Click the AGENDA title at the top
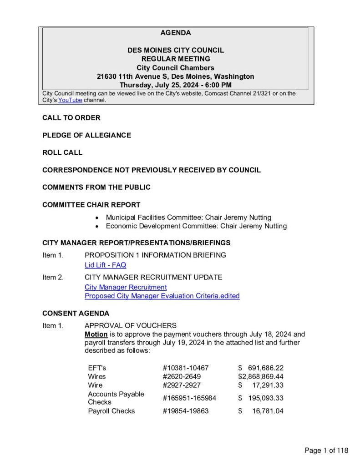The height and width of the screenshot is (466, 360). [175, 33]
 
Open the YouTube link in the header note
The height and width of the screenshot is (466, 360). [70, 100]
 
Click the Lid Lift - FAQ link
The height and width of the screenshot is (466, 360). [105, 265]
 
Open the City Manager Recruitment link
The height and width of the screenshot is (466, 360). [126, 287]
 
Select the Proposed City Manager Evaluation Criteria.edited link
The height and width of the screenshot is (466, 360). [162, 296]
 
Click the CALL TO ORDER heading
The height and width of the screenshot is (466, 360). [71, 118]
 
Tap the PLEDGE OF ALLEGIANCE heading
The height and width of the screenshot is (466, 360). [86, 135]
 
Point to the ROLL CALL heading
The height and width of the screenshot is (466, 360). [62, 152]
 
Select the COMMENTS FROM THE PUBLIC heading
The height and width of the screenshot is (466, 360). [96, 187]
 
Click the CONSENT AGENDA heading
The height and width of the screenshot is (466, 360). [76, 314]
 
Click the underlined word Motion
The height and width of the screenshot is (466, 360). [96, 334]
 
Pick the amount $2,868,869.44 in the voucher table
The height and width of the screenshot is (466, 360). [261, 376]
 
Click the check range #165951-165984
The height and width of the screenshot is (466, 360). [189, 398]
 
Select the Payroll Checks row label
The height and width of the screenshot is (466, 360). [112, 411]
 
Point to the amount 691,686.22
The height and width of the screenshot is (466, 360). [266, 368]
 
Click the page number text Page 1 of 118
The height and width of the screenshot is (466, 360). [326, 451]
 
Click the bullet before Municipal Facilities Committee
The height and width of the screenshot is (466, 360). [97, 218]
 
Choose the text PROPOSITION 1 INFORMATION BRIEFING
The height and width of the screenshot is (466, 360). [155, 255]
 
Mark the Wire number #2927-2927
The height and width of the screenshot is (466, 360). [182, 385]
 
